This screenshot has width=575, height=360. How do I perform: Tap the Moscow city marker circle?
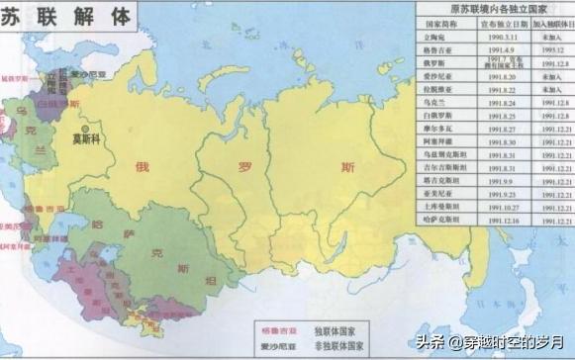pyautogui.click(x=88, y=129)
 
